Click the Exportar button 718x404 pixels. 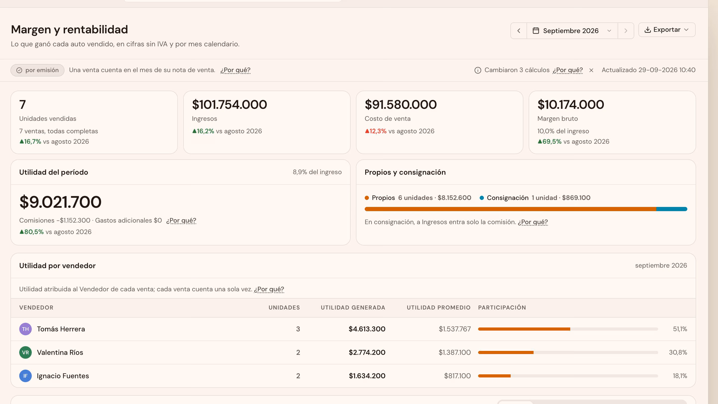(x=667, y=30)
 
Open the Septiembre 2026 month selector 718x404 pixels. (x=572, y=31)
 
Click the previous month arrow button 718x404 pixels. (x=519, y=31)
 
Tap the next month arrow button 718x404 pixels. (x=626, y=31)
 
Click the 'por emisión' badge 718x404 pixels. (x=37, y=70)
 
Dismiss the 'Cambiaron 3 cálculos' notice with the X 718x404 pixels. (x=591, y=70)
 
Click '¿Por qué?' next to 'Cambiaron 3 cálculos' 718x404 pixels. (x=568, y=70)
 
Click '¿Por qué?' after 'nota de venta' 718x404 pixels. (x=235, y=70)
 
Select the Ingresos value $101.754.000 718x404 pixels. (x=229, y=104)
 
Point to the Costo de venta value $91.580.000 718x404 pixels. (x=401, y=104)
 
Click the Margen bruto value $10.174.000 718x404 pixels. (x=571, y=104)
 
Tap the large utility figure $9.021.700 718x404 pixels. (x=60, y=202)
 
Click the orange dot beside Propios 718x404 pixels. (x=367, y=198)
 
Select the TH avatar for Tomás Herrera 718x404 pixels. (x=25, y=329)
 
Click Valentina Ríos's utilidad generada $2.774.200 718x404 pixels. (x=367, y=352)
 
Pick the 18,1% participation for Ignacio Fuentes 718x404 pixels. (x=680, y=376)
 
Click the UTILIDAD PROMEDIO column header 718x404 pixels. (x=439, y=307)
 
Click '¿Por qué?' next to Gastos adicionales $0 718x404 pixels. (x=181, y=220)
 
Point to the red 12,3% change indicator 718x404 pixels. (x=376, y=131)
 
